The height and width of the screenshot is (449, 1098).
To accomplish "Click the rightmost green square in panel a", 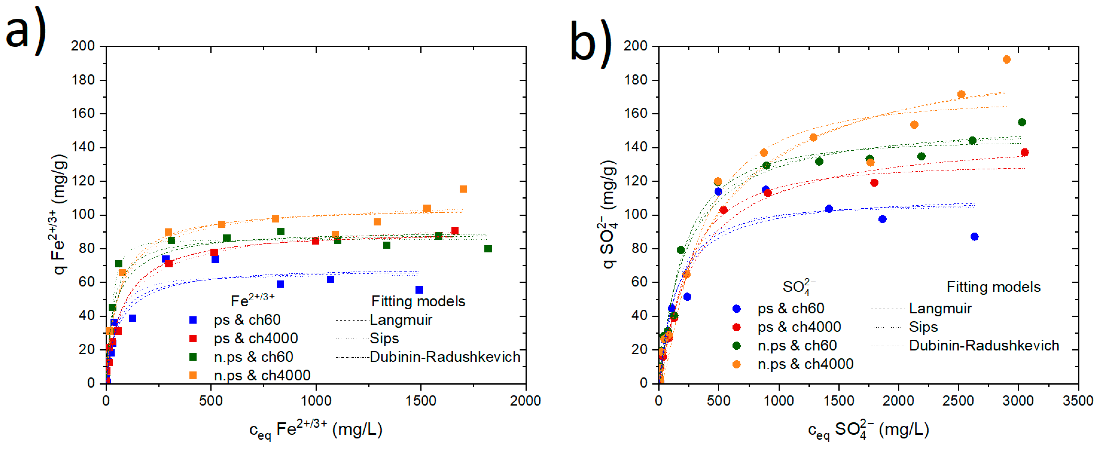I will tap(488, 249).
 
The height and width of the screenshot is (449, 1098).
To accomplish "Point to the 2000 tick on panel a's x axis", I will tap(525, 401).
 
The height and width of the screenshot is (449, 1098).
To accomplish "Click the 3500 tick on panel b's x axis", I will tap(1078, 401).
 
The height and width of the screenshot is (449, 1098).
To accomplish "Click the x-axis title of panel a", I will tap(315, 429).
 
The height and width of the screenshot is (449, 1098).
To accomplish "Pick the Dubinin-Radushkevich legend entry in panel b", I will tap(984, 345).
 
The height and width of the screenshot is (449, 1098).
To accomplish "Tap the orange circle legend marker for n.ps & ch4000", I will tap(736, 364).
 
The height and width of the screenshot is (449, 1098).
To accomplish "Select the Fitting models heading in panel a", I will tap(418, 301).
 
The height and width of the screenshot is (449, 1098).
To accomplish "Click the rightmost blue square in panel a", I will tap(419, 290).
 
